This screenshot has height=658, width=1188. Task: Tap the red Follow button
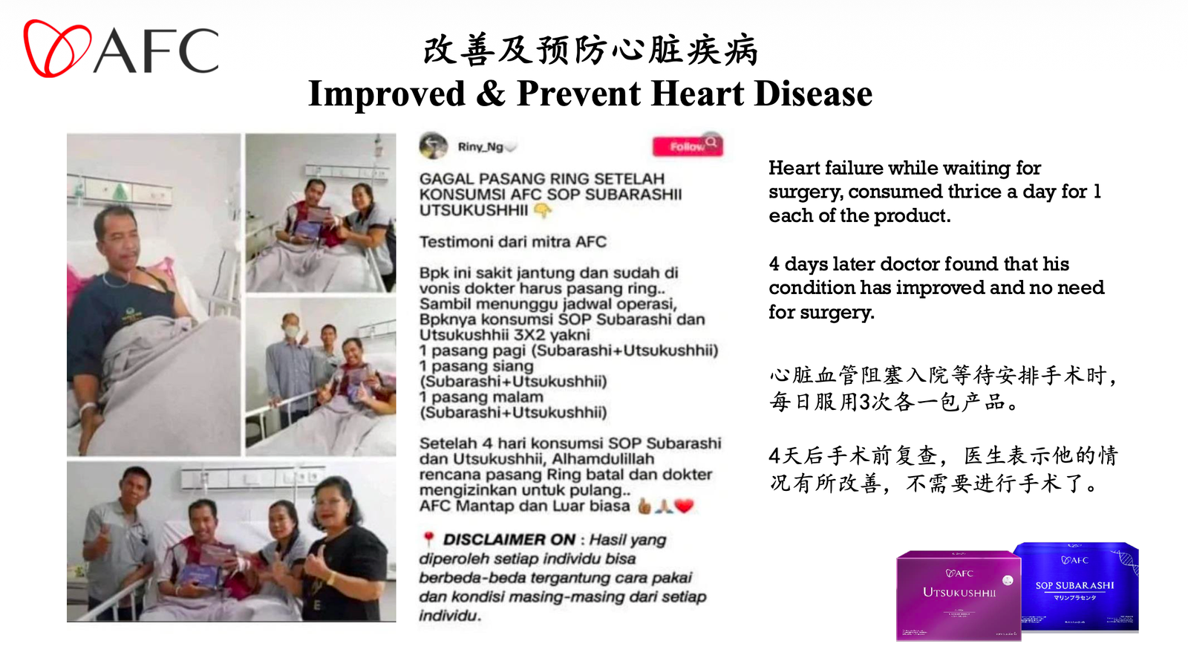tap(687, 146)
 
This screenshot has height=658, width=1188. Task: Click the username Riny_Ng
tap(480, 147)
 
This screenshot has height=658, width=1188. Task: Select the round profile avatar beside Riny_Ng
tap(433, 146)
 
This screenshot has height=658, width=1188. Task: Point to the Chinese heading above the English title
tap(590, 51)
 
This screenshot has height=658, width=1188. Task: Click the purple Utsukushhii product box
tap(958, 595)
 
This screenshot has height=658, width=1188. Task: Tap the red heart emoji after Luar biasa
tap(684, 506)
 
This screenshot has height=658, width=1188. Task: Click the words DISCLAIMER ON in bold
tap(509, 540)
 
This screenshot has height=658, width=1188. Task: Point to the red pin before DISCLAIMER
tap(428, 538)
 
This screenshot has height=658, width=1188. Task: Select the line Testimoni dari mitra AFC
tap(512, 242)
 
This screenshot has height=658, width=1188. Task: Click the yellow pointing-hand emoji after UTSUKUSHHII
tap(543, 211)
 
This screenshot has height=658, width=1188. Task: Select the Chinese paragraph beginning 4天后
tap(943, 469)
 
